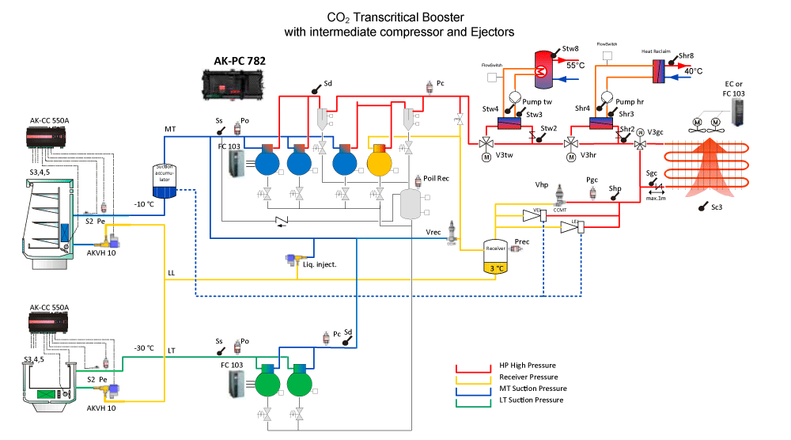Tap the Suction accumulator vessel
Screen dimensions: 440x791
165,180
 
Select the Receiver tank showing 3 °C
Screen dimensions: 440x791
495,258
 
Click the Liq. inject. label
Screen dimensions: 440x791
320,264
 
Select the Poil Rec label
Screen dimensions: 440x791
437,179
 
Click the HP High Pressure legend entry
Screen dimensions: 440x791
528,366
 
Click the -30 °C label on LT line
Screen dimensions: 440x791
144,348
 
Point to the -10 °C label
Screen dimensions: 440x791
144,203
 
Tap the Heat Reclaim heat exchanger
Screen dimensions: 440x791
658,72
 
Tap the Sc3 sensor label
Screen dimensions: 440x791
714,210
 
